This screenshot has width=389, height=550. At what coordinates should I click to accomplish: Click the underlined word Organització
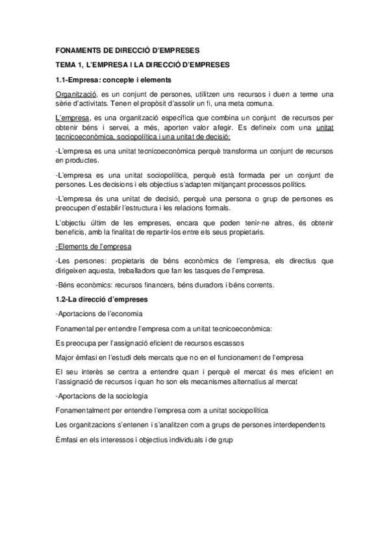[75, 95]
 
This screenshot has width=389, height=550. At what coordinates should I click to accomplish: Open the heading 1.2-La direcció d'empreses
[103, 301]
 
